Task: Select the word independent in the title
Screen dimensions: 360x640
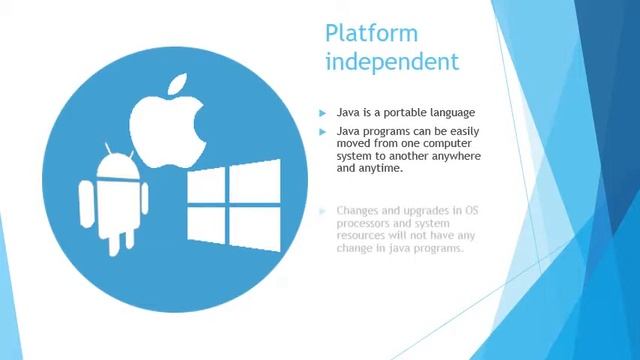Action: click(x=391, y=61)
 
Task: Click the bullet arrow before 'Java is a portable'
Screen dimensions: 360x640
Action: click(x=322, y=112)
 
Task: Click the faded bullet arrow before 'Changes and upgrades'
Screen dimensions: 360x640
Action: click(x=322, y=211)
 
